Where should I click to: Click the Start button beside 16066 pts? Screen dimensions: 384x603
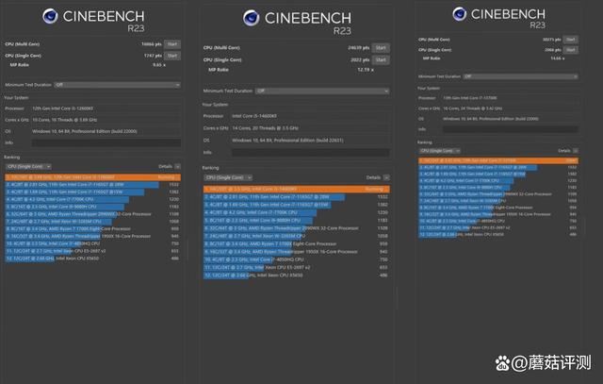tap(172, 43)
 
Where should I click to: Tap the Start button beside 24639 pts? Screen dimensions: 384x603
tap(380, 47)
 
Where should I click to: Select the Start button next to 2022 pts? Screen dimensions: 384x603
tap(380, 59)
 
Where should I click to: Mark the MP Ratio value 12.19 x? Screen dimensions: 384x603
tap(363, 70)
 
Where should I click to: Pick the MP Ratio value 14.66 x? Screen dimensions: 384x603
tap(558, 57)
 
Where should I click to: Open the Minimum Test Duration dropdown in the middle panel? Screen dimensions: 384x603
tap(321, 91)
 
